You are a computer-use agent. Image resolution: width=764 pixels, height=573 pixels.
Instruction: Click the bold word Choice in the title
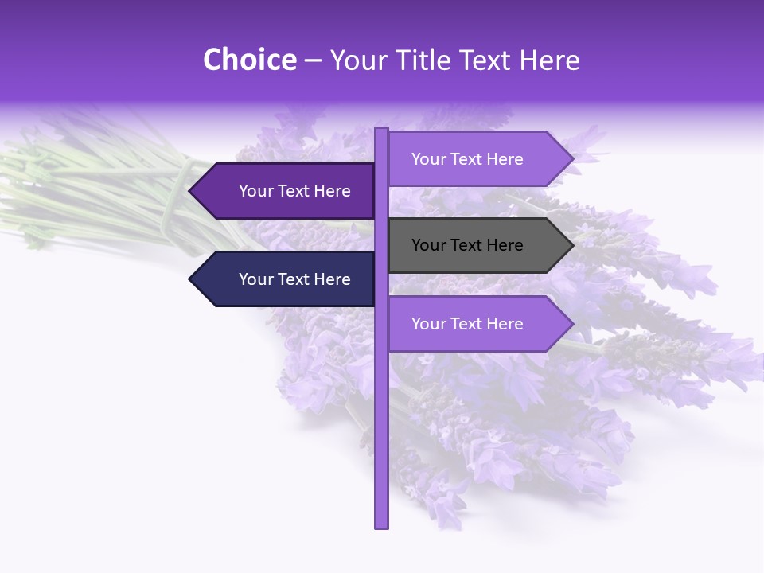tap(249, 60)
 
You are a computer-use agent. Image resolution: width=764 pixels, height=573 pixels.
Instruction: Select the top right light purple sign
tap(477, 158)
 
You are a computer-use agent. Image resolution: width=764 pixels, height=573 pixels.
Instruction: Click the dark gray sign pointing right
tap(477, 245)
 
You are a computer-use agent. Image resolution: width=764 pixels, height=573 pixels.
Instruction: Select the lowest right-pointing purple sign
tap(477, 324)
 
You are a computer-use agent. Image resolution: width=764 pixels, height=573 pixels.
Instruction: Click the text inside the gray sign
tap(467, 245)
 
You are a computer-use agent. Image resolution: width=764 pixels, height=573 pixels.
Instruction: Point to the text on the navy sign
tap(294, 279)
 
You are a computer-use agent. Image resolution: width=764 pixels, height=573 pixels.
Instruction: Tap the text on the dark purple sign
tap(294, 191)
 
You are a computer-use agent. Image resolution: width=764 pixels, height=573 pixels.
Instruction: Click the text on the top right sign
tap(467, 159)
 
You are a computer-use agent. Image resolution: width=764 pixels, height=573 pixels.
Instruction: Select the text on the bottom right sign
tap(467, 324)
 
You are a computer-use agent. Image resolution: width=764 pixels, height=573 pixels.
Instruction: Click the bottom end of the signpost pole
tap(382, 525)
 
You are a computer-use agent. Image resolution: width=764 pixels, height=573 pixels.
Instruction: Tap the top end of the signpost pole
tap(382, 130)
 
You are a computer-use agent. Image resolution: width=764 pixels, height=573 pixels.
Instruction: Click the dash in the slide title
tap(313, 60)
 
